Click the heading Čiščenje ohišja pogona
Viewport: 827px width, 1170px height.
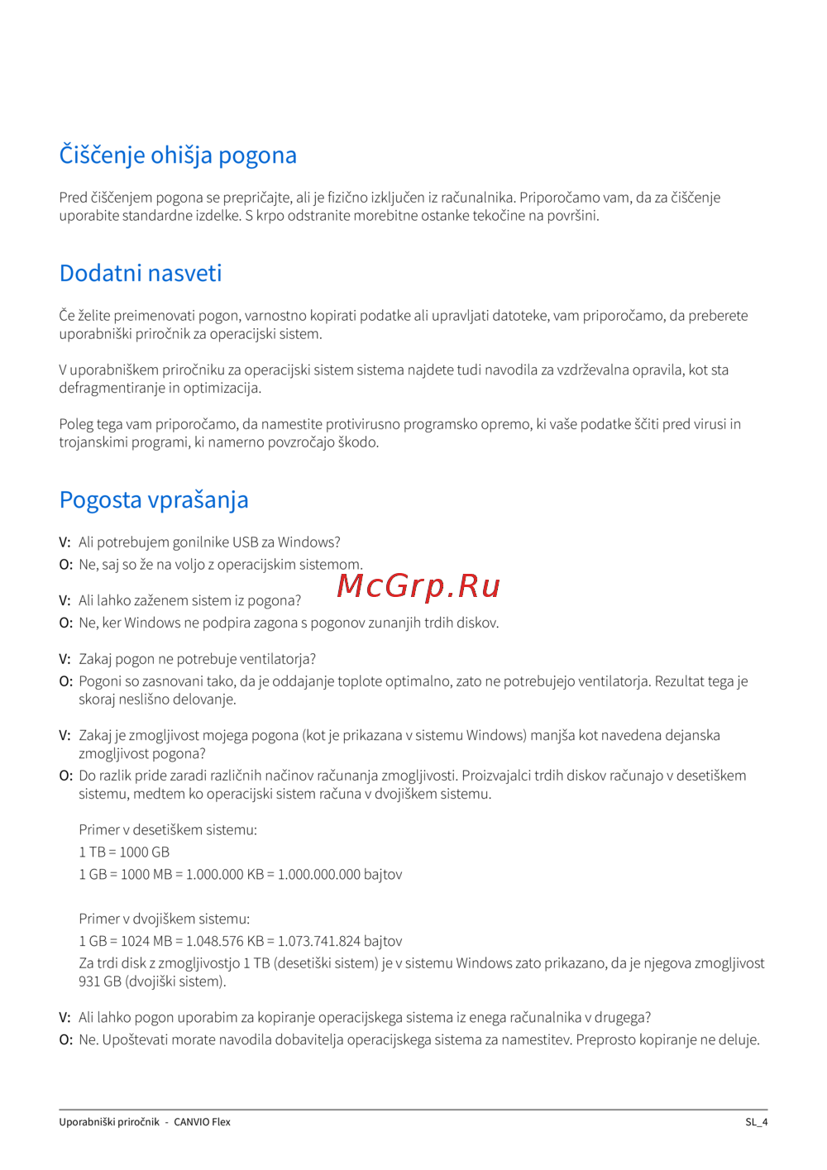(x=178, y=155)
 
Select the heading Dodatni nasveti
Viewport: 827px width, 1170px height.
(x=141, y=274)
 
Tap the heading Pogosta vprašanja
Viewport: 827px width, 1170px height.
(x=154, y=500)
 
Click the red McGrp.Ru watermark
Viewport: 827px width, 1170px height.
(x=418, y=585)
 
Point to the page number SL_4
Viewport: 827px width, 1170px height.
(x=756, y=1122)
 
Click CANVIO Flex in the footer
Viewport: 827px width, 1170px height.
(x=202, y=1122)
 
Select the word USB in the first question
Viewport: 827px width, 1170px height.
(x=246, y=542)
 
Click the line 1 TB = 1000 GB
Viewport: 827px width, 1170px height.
(x=124, y=852)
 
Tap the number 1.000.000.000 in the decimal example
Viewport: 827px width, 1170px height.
(x=318, y=874)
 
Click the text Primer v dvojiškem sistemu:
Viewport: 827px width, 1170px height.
(x=164, y=919)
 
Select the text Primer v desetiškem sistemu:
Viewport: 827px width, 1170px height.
(x=168, y=829)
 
